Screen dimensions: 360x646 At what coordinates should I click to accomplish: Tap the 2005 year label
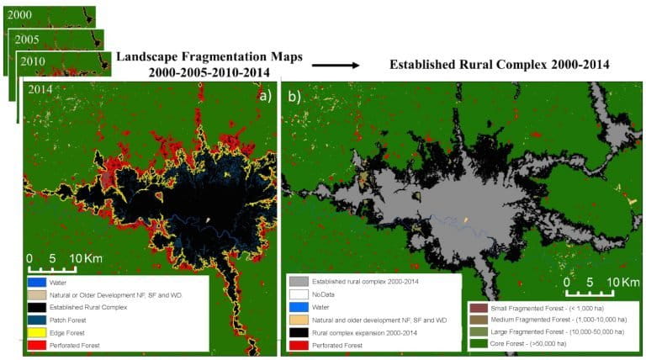[26, 40]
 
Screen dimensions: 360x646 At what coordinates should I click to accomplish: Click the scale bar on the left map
[52, 268]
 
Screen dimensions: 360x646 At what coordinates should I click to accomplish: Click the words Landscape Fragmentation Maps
[209, 56]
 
